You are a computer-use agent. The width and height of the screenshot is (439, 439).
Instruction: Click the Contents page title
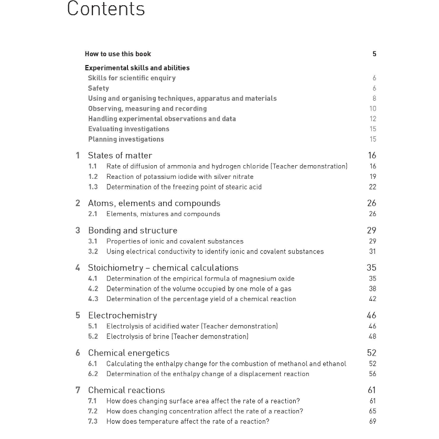[106, 9]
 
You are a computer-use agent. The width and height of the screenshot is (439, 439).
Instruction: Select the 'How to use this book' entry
[117, 54]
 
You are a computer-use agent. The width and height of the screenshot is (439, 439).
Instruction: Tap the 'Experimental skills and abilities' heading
[137, 68]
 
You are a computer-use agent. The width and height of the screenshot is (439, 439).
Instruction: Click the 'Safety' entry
[99, 88]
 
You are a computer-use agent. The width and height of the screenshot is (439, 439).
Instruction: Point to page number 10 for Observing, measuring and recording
[372, 109]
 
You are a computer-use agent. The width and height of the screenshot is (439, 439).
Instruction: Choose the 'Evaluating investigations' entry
[129, 129]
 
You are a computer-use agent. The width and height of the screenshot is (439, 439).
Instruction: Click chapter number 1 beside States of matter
[78, 155]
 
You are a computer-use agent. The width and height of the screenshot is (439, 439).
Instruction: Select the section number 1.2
[93, 177]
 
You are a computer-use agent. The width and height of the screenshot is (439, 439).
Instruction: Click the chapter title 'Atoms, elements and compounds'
[154, 203]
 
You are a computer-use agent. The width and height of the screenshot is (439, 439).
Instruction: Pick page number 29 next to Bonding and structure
[372, 230]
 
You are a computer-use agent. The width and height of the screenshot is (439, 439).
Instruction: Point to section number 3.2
[93, 252]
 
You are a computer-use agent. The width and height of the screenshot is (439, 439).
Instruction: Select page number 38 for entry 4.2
[372, 288]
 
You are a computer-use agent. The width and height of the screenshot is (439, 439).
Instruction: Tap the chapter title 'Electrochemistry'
[122, 315]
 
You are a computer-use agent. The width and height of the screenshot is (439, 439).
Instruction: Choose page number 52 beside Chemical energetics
[372, 353]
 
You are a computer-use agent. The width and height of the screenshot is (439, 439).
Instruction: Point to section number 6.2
[93, 374]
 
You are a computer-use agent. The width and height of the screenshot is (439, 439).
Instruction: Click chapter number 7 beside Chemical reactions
[78, 390]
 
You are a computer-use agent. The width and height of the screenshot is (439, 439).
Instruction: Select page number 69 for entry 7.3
[372, 422]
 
